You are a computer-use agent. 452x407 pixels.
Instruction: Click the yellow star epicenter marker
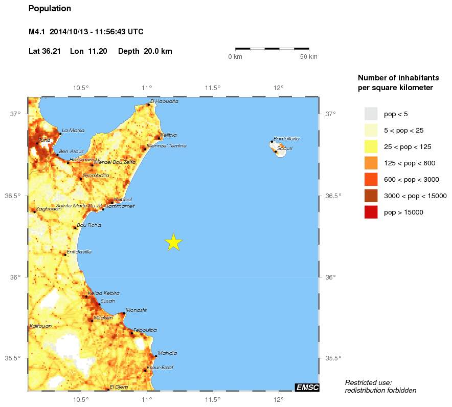click(174, 242)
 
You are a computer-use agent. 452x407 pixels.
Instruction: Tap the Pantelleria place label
click(286, 139)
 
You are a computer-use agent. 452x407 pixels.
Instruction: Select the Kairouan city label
click(41, 326)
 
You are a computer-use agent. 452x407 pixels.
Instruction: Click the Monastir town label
click(136, 310)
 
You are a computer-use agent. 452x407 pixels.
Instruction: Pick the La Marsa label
click(73, 130)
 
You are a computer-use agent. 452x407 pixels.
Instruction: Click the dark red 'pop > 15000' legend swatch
click(371, 212)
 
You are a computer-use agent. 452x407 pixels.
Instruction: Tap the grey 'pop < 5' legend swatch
click(371, 114)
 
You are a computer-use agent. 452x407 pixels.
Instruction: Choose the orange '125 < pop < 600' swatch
click(371, 163)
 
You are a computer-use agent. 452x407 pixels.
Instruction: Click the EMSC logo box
click(307, 387)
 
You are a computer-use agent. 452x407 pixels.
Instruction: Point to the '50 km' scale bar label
click(308, 56)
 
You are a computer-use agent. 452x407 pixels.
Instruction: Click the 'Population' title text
click(50, 9)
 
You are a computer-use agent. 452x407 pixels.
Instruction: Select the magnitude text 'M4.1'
click(37, 32)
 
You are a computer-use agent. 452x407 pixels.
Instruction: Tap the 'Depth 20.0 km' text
click(145, 51)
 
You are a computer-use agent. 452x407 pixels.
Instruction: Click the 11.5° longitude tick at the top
click(213, 88)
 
